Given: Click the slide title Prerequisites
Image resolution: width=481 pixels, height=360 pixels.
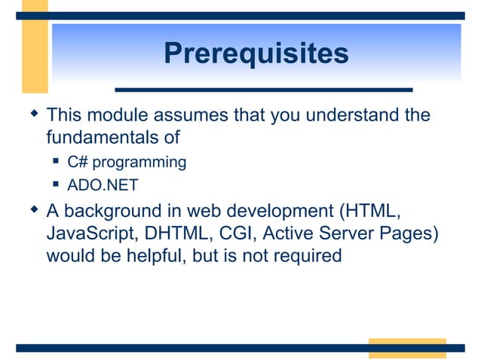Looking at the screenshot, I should pyautogui.click(x=256, y=54).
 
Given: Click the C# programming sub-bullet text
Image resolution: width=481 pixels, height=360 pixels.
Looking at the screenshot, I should pyautogui.click(x=126, y=162).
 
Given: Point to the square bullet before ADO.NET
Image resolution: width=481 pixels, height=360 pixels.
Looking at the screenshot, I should pyautogui.click(x=57, y=184).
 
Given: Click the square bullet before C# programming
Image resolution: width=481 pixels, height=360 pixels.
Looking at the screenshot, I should pyautogui.click(x=57, y=161).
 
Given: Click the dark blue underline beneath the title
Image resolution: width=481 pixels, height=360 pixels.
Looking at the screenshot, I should pyautogui.click(x=263, y=90).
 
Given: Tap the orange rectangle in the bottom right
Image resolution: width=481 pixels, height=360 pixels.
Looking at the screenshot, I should pyautogui.click(x=406, y=348).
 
